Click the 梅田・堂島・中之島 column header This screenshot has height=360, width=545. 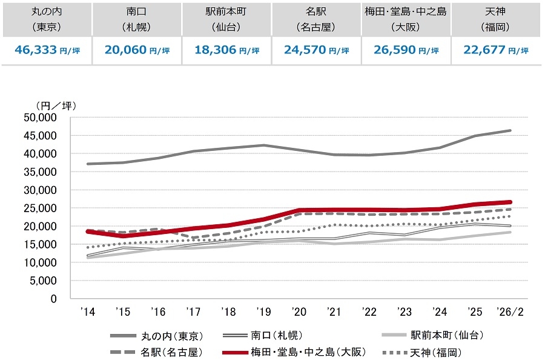point(406,19)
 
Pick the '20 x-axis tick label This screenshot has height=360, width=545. point(299,312)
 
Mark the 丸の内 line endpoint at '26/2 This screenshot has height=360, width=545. point(510,130)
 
